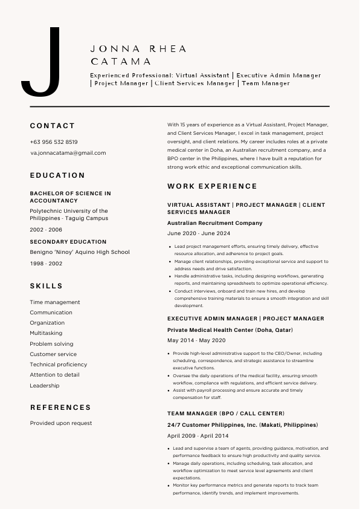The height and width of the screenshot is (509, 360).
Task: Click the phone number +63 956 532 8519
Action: click(54, 142)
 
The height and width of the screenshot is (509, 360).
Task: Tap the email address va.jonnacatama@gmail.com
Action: click(68, 153)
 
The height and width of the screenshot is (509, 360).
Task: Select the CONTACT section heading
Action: click(53, 126)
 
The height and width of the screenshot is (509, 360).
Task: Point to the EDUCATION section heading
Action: click(57, 175)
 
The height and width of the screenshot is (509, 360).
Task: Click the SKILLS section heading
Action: click(46, 285)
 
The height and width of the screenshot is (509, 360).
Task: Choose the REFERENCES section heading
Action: click(60, 407)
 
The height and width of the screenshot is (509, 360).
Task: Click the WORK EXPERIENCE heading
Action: click(212, 186)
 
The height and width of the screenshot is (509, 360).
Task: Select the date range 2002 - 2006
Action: click(46, 230)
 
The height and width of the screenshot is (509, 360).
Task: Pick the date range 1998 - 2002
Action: click(46, 264)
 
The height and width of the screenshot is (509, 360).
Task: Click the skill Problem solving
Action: click(51, 344)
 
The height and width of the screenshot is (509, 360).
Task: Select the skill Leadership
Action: click(45, 386)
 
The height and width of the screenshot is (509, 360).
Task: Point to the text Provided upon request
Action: click(61, 423)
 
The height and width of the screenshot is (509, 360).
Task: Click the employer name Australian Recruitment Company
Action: click(214, 223)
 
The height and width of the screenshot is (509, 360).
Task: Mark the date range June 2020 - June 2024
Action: click(198, 233)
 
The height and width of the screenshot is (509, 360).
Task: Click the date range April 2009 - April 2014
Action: click(198, 436)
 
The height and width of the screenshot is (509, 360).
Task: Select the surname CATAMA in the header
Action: click(121, 62)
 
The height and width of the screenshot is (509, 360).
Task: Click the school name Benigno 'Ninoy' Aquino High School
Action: click(80, 252)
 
